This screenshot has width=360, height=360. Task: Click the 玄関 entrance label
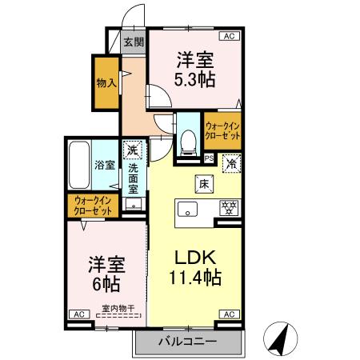(134, 42)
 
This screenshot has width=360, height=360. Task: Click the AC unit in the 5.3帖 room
(230, 36)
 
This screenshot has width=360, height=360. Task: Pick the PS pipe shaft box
(209, 158)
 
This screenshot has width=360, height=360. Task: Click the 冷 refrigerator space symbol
(229, 162)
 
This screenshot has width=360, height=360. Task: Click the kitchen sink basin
(189, 210)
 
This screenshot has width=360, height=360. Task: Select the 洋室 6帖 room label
(106, 274)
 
